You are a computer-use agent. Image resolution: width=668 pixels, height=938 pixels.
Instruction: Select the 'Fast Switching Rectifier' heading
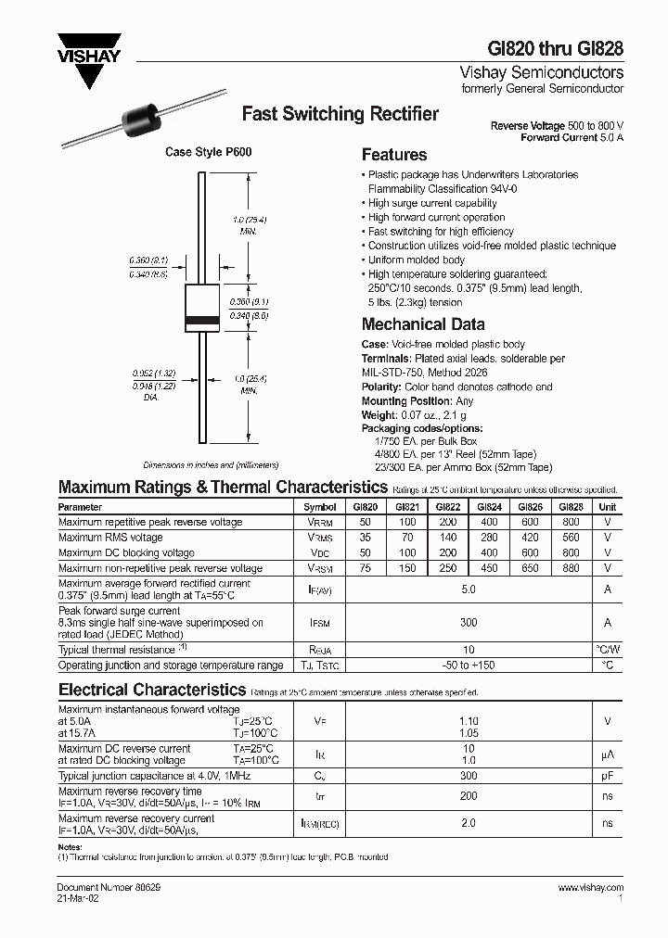(340, 114)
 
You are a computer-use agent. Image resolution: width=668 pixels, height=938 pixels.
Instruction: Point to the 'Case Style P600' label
(208, 152)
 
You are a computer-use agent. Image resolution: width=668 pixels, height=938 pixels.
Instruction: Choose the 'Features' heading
(394, 155)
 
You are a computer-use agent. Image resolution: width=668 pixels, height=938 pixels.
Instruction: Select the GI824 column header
(489, 508)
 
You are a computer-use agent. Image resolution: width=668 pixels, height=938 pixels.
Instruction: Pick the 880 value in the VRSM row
(572, 568)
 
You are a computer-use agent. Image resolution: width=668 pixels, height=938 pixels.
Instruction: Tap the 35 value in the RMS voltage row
(364, 538)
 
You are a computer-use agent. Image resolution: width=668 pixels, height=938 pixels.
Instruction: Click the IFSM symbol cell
(320, 624)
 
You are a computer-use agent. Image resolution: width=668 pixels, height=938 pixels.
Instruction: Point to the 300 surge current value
(469, 624)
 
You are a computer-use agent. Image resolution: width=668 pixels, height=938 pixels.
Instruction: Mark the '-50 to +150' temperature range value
(469, 665)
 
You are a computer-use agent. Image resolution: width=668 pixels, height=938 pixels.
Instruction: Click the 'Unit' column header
(607, 508)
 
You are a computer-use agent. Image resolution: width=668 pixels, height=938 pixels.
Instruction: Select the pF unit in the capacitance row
(607, 775)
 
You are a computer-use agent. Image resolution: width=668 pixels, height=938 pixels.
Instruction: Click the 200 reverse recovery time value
(469, 795)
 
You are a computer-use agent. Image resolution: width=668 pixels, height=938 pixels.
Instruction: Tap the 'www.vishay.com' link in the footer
(590, 888)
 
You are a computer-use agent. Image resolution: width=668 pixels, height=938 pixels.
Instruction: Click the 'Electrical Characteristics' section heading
(152, 690)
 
